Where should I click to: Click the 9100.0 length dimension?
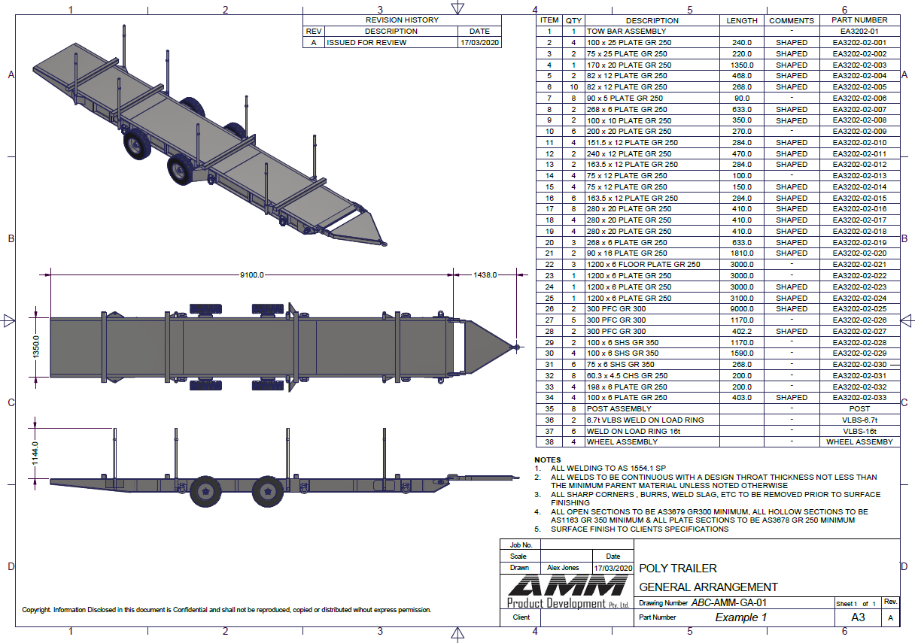click(251, 275)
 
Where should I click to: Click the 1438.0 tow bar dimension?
click(485, 275)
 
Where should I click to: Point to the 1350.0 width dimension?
click(36, 347)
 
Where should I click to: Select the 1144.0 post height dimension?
click(35, 453)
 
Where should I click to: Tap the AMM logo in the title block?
click(568, 585)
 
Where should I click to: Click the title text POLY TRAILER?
click(678, 569)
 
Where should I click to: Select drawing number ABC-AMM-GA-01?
click(728, 603)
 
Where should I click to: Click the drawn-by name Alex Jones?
click(563, 568)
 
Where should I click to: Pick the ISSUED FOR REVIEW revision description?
click(366, 42)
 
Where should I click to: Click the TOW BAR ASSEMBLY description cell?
click(626, 32)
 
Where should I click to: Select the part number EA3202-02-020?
click(859, 253)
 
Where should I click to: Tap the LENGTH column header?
click(742, 20)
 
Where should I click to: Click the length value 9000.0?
click(742, 308)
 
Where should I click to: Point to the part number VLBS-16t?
click(859, 431)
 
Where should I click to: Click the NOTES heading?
click(548, 460)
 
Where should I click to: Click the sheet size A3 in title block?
click(858, 617)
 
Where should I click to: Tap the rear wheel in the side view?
click(205, 492)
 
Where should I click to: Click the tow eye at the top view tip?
click(517, 347)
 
